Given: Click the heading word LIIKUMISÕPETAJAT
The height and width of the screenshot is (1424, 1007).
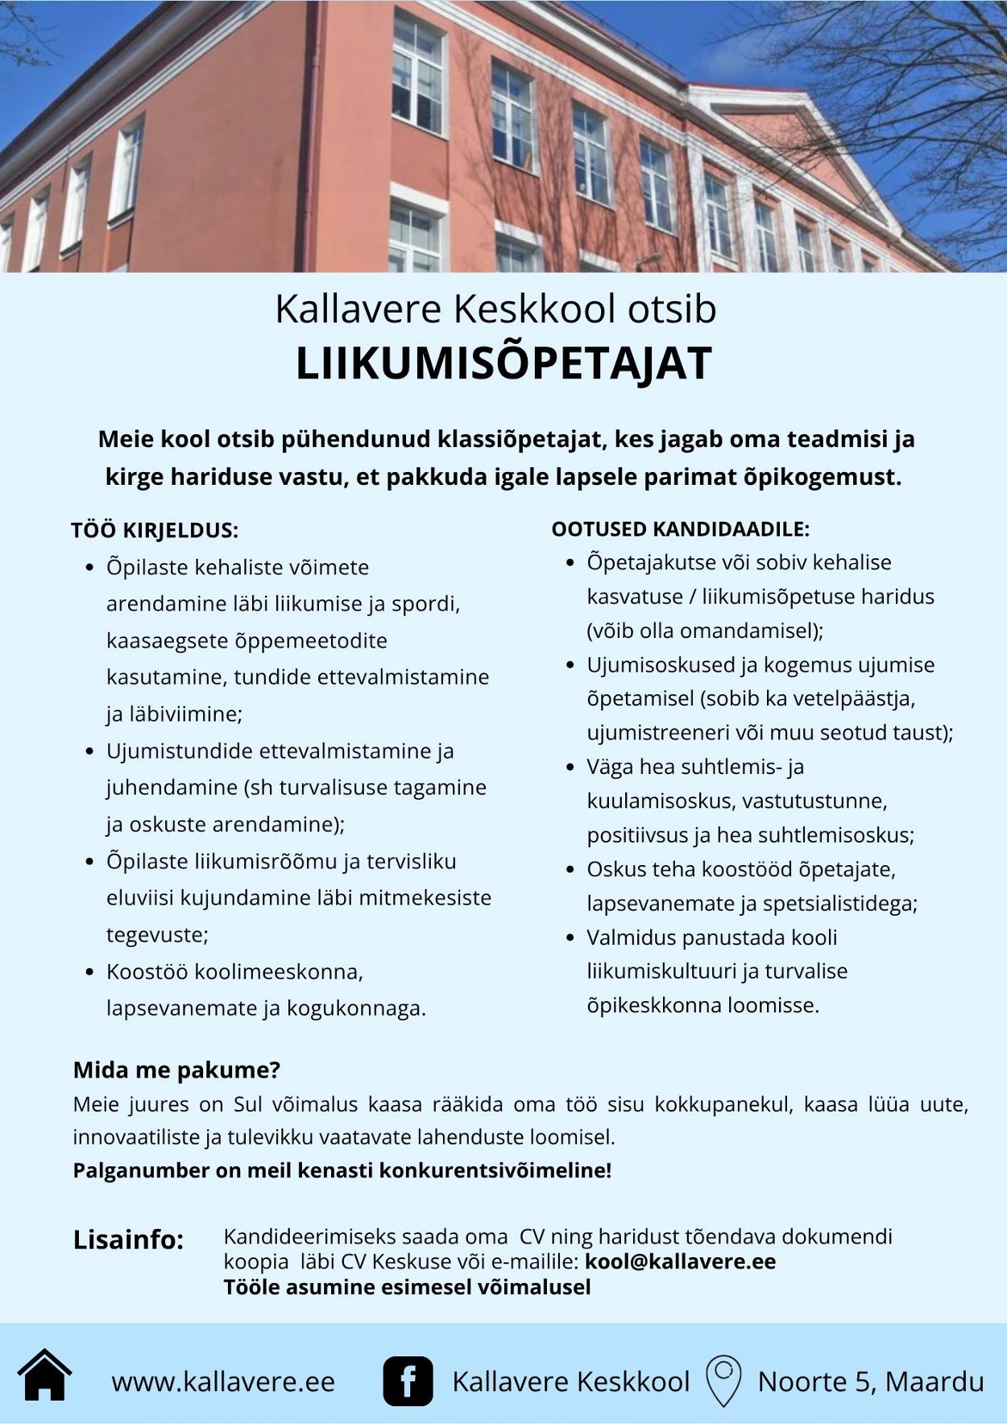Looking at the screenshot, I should (x=503, y=363).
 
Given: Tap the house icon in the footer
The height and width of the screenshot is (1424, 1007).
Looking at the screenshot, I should (x=45, y=1376).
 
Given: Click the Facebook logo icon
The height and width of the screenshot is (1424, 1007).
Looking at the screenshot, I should (x=408, y=1381).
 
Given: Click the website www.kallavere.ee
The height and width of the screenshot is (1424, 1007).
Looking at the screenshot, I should (x=223, y=1382).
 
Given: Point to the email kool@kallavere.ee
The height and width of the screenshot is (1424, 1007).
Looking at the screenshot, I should (x=680, y=1261).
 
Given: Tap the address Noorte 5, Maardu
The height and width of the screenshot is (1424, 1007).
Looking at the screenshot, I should (x=870, y=1382).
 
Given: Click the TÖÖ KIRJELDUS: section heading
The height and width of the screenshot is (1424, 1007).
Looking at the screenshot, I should (x=155, y=531).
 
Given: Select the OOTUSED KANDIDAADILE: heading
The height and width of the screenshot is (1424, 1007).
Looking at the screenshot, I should (x=680, y=529).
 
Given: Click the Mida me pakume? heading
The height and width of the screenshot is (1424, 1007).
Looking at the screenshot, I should (x=176, y=1070).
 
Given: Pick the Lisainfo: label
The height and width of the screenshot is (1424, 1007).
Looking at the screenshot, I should (x=129, y=1240).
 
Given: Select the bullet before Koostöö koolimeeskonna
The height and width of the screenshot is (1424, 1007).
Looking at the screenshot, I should (x=90, y=972).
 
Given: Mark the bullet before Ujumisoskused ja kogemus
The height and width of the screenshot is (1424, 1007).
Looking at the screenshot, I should (x=570, y=665).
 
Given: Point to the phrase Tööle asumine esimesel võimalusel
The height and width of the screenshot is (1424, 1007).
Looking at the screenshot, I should (x=407, y=1287).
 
